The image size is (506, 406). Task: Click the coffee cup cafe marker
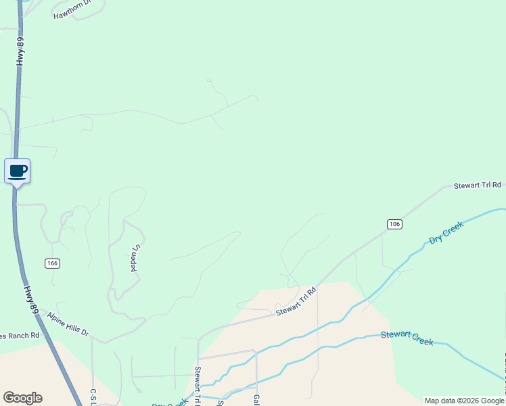[17, 171]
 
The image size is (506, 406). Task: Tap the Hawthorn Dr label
[72, 13]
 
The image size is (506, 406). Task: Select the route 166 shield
[52, 263]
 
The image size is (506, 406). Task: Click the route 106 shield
[395, 224]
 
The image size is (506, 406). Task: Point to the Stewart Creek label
[407, 338]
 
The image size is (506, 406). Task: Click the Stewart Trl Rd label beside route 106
[477, 185]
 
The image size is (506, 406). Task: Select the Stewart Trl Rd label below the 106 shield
[296, 302]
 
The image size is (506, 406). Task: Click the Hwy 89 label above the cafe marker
[20, 51]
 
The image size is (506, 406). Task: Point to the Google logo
[22, 398]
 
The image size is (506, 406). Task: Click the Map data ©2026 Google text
[463, 401]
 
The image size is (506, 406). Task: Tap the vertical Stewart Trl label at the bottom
[198, 386]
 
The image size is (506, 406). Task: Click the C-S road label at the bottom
[93, 396]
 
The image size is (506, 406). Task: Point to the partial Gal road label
[256, 400]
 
